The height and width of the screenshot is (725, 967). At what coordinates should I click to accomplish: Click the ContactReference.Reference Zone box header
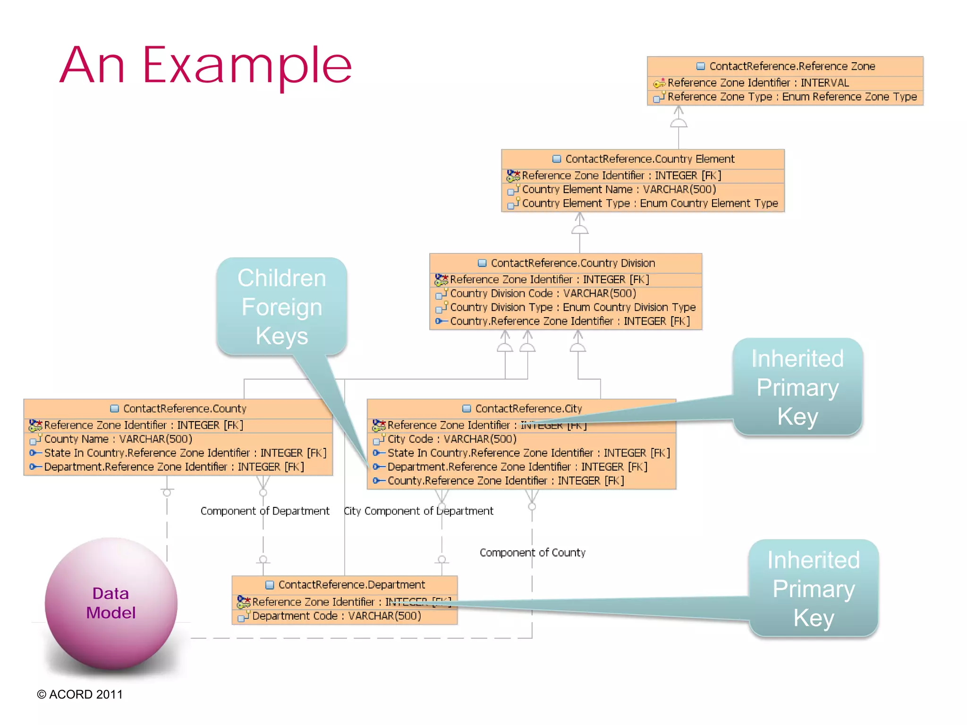click(x=791, y=66)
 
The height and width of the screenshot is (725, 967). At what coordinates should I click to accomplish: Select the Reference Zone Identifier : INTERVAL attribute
click(x=757, y=83)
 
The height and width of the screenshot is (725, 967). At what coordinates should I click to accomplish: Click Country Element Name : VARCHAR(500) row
click(x=619, y=189)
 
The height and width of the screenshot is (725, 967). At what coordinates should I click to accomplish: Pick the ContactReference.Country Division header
click(x=572, y=263)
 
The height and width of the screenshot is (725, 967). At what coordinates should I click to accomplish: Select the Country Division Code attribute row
click(x=543, y=293)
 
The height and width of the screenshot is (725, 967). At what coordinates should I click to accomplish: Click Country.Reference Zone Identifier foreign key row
click(x=569, y=321)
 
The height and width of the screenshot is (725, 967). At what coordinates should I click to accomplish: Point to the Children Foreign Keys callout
click(x=282, y=306)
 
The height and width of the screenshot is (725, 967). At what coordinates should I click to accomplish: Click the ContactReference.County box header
click(x=184, y=408)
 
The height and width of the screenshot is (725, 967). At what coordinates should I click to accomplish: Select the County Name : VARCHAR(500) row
click(x=118, y=439)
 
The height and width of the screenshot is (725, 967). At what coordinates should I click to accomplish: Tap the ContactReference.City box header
click(x=528, y=408)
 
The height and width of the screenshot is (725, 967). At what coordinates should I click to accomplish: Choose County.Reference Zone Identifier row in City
click(x=505, y=481)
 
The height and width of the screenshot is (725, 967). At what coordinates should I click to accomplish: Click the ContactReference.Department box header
click(x=351, y=585)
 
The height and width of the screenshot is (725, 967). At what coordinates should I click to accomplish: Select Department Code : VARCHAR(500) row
click(x=336, y=616)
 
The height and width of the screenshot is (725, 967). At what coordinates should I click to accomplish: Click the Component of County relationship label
click(x=532, y=553)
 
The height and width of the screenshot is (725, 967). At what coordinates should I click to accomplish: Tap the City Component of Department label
click(x=418, y=511)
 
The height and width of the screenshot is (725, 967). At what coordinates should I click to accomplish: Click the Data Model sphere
click(x=111, y=603)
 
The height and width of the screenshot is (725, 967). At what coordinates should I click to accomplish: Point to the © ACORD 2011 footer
click(x=80, y=694)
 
